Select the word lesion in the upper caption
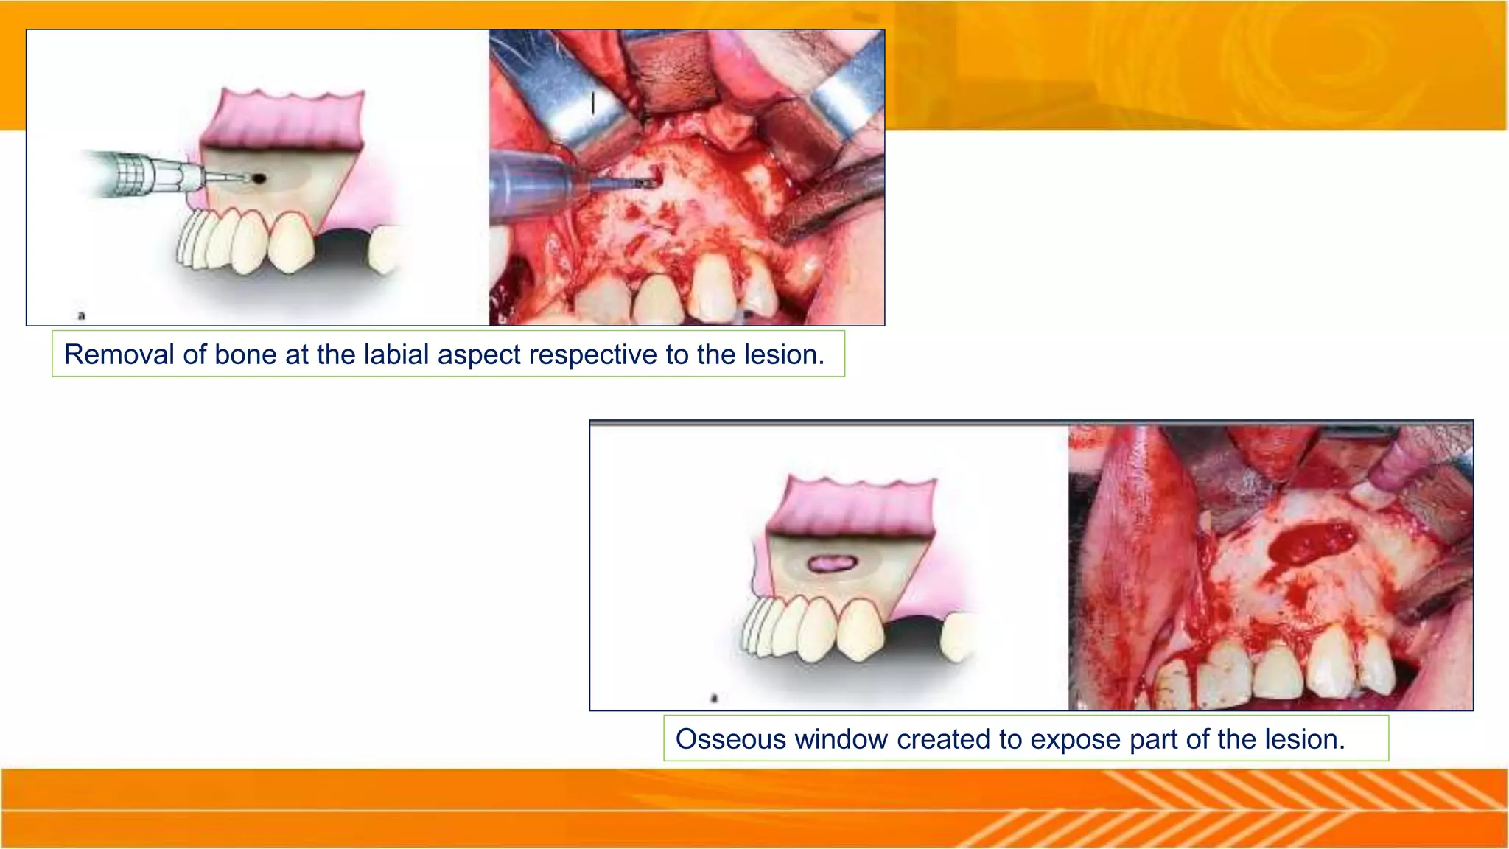[x=784, y=354]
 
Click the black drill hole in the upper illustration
[x=259, y=178]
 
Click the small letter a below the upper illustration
[x=82, y=315]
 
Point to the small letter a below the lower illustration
[x=713, y=697]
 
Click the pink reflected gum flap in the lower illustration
[x=851, y=507]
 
